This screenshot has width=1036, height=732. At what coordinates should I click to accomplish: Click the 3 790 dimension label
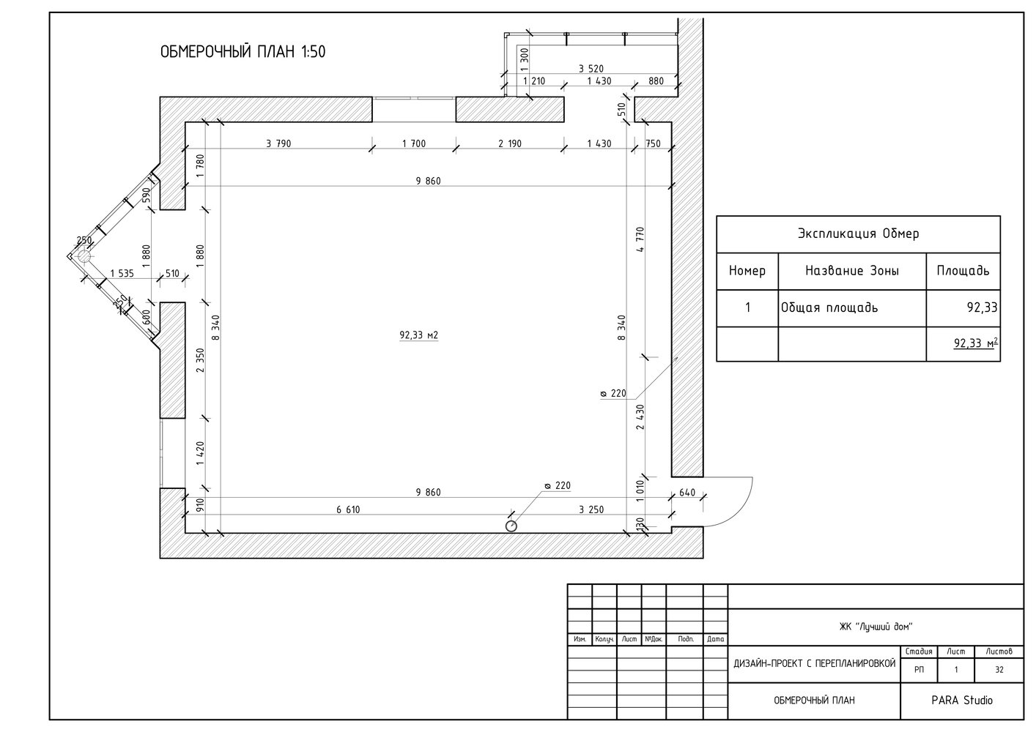click(x=278, y=143)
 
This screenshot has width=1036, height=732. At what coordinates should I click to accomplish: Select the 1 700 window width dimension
click(x=413, y=143)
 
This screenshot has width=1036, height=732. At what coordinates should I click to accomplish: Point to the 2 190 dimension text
click(x=510, y=143)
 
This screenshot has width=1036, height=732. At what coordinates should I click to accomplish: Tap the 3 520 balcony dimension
click(x=591, y=69)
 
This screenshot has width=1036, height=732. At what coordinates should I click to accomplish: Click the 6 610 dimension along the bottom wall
click(x=348, y=509)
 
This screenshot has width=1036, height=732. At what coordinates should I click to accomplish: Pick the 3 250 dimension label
click(x=591, y=509)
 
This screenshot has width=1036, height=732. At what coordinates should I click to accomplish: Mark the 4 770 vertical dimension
click(x=640, y=239)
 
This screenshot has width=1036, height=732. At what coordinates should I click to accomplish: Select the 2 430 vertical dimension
click(x=640, y=417)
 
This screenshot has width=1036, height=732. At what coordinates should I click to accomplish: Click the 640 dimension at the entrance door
click(x=687, y=493)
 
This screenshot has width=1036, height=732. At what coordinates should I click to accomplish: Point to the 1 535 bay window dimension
click(x=122, y=273)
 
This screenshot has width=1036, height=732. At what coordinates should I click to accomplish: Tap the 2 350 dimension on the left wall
click(x=200, y=360)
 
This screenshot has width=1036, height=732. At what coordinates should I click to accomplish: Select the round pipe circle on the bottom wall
click(x=511, y=526)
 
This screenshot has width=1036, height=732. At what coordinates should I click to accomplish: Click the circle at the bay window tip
click(x=84, y=256)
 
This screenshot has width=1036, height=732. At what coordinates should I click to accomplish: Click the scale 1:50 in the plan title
click(x=313, y=52)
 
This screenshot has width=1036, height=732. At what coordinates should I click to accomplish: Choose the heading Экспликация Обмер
click(x=858, y=234)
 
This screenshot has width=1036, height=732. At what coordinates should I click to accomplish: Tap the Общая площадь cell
click(x=829, y=307)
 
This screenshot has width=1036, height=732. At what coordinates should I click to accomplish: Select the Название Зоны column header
click(x=852, y=271)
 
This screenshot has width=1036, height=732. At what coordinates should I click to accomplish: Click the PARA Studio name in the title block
click(x=962, y=701)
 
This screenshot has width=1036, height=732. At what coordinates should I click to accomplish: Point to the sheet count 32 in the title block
click(x=999, y=670)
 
